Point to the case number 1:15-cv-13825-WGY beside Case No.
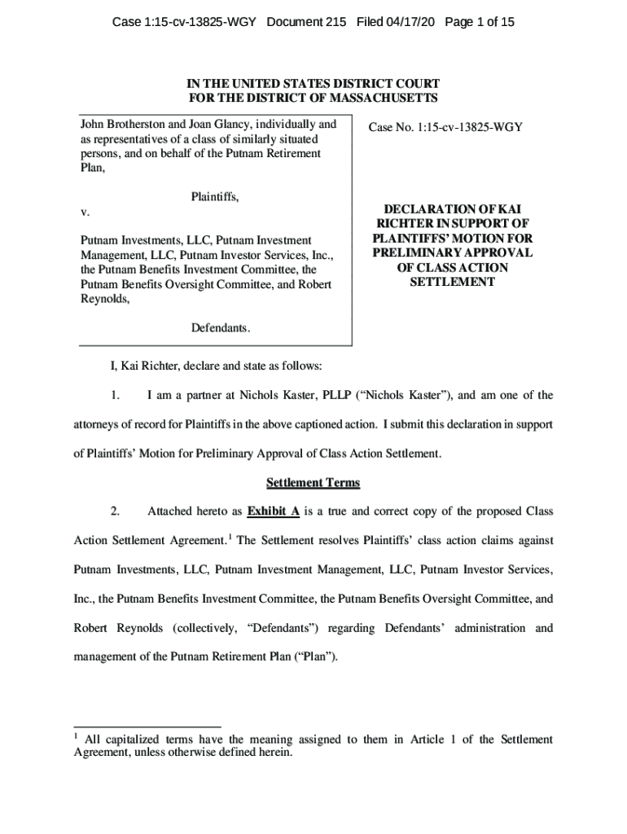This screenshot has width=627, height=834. click(473, 127)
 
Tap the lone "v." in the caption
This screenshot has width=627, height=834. click(85, 212)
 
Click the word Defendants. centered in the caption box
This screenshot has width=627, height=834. click(221, 328)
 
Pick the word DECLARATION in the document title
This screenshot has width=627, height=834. click(432, 209)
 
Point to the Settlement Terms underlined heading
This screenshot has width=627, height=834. click(313, 483)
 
